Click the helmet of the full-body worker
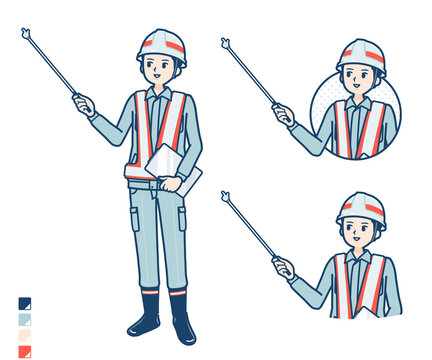click(162, 43)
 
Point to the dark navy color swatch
click(24, 303)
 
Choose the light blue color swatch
click(24, 319)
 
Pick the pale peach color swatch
click(24, 335)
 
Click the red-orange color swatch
click(24, 351)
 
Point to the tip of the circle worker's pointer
click(225, 42)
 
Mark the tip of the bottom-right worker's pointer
click(225, 196)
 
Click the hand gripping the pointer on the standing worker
click(83, 102)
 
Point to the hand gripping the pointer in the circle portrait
click(283, 113)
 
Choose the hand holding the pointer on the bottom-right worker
click(283, 267)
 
